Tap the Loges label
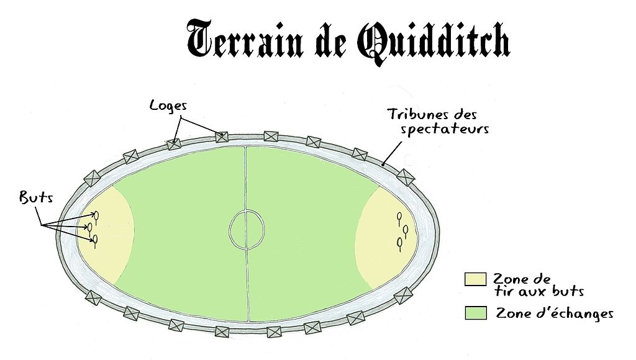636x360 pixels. (168, 105)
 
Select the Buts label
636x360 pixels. (35, 198)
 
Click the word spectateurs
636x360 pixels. (445, 130)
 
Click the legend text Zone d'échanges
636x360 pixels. (554, 314)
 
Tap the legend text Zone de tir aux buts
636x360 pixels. (538, 285)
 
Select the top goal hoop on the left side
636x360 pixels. (97, 216)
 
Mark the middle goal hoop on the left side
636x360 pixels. (90, 227)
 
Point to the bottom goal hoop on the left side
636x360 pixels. (95, 239)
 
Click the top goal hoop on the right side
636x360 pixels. (399, 217)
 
